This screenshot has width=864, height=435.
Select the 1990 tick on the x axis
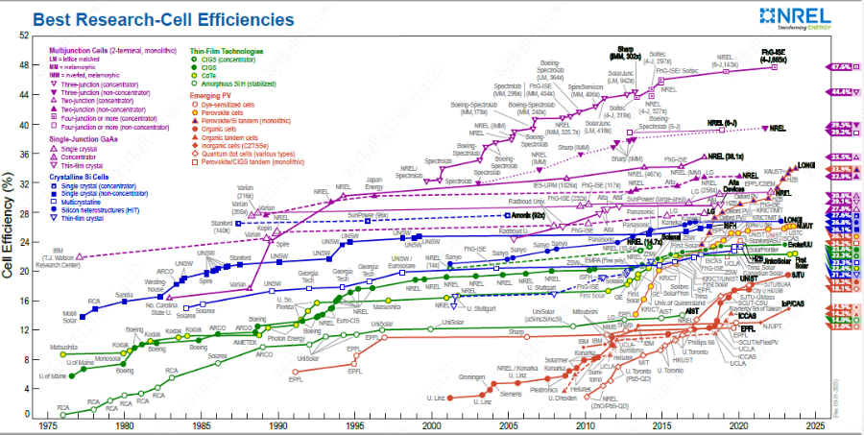coord(277,424)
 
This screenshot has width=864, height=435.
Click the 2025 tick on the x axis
coord(815,424)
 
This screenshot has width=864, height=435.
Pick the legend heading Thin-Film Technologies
coord(227,50)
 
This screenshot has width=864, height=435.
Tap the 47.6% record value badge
coord(842,67)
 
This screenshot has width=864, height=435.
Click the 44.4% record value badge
coord(842,91)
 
